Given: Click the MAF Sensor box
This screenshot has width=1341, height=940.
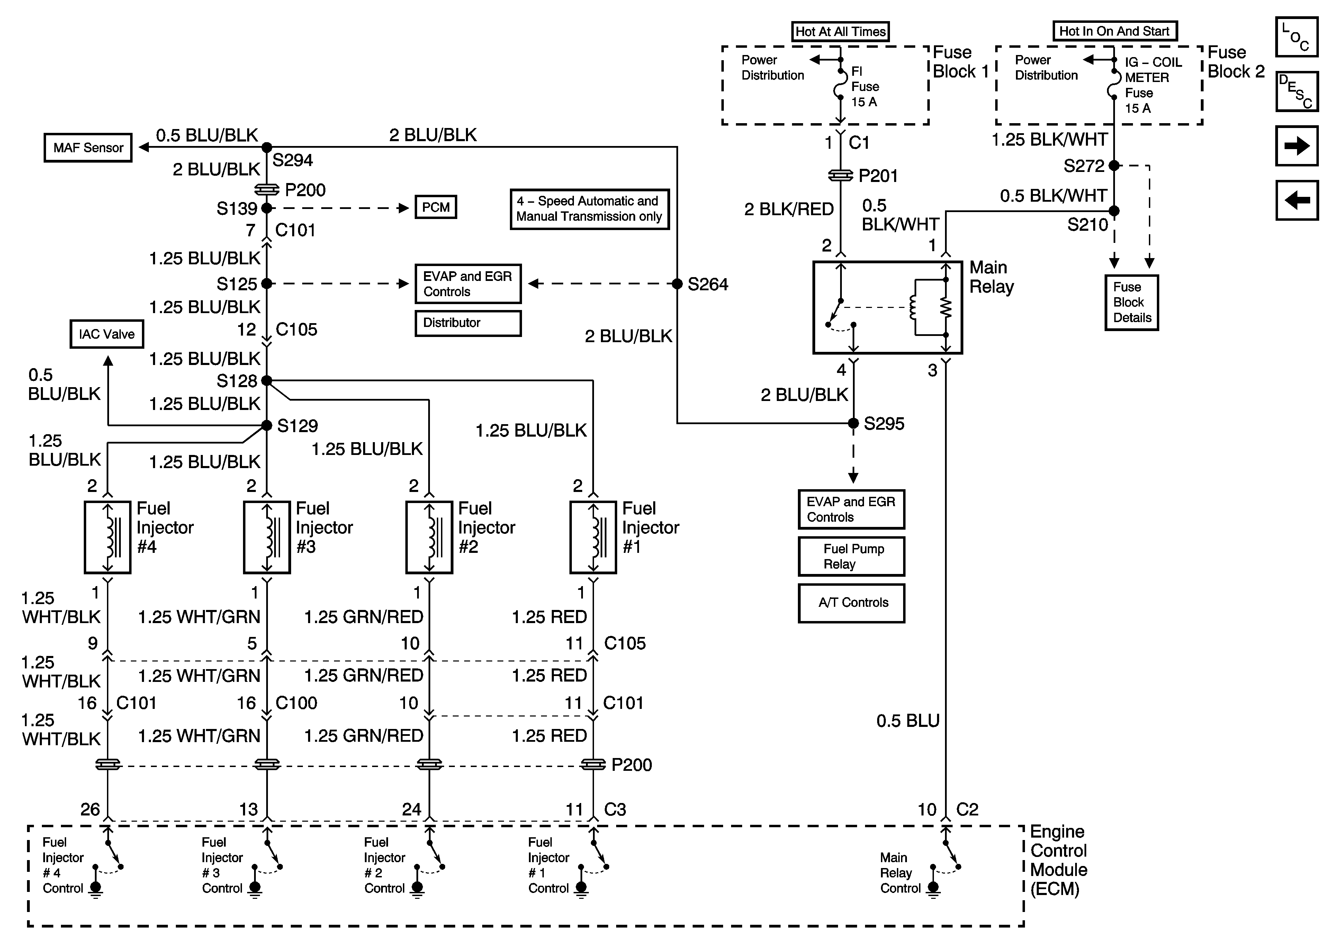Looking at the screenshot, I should click(x=88, y=148).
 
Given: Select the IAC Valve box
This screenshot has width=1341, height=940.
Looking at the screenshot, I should click(x=106, y=334).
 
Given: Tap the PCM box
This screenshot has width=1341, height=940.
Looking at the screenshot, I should click(x=436, y=207).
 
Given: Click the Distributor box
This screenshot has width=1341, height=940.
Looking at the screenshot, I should click(x=468, y=323).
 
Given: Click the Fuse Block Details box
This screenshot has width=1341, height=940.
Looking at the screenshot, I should click(x=1131, y=302).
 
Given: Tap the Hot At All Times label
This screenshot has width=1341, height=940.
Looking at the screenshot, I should click(x=840, y=31).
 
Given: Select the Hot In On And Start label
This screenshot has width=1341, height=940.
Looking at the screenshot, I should click(x=1114, y=31).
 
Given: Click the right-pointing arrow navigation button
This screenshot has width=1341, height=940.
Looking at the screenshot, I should click(x=1297, y=146).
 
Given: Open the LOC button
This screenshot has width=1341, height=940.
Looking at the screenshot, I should click(x=1297, y=37).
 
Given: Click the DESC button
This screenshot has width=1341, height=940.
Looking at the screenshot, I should click(x=1297, y=91).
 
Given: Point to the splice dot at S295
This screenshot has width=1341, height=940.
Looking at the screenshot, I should click(x=853, y=423).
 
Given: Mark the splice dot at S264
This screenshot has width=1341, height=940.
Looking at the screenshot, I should click(x=677, y=284).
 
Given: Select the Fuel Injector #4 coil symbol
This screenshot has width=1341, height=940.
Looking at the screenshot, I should click(x=107, y=537).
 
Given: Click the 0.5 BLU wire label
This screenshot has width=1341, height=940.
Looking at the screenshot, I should click(x=908, y=721).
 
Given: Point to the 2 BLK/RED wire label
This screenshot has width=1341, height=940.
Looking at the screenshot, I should click(x=789, y=209).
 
